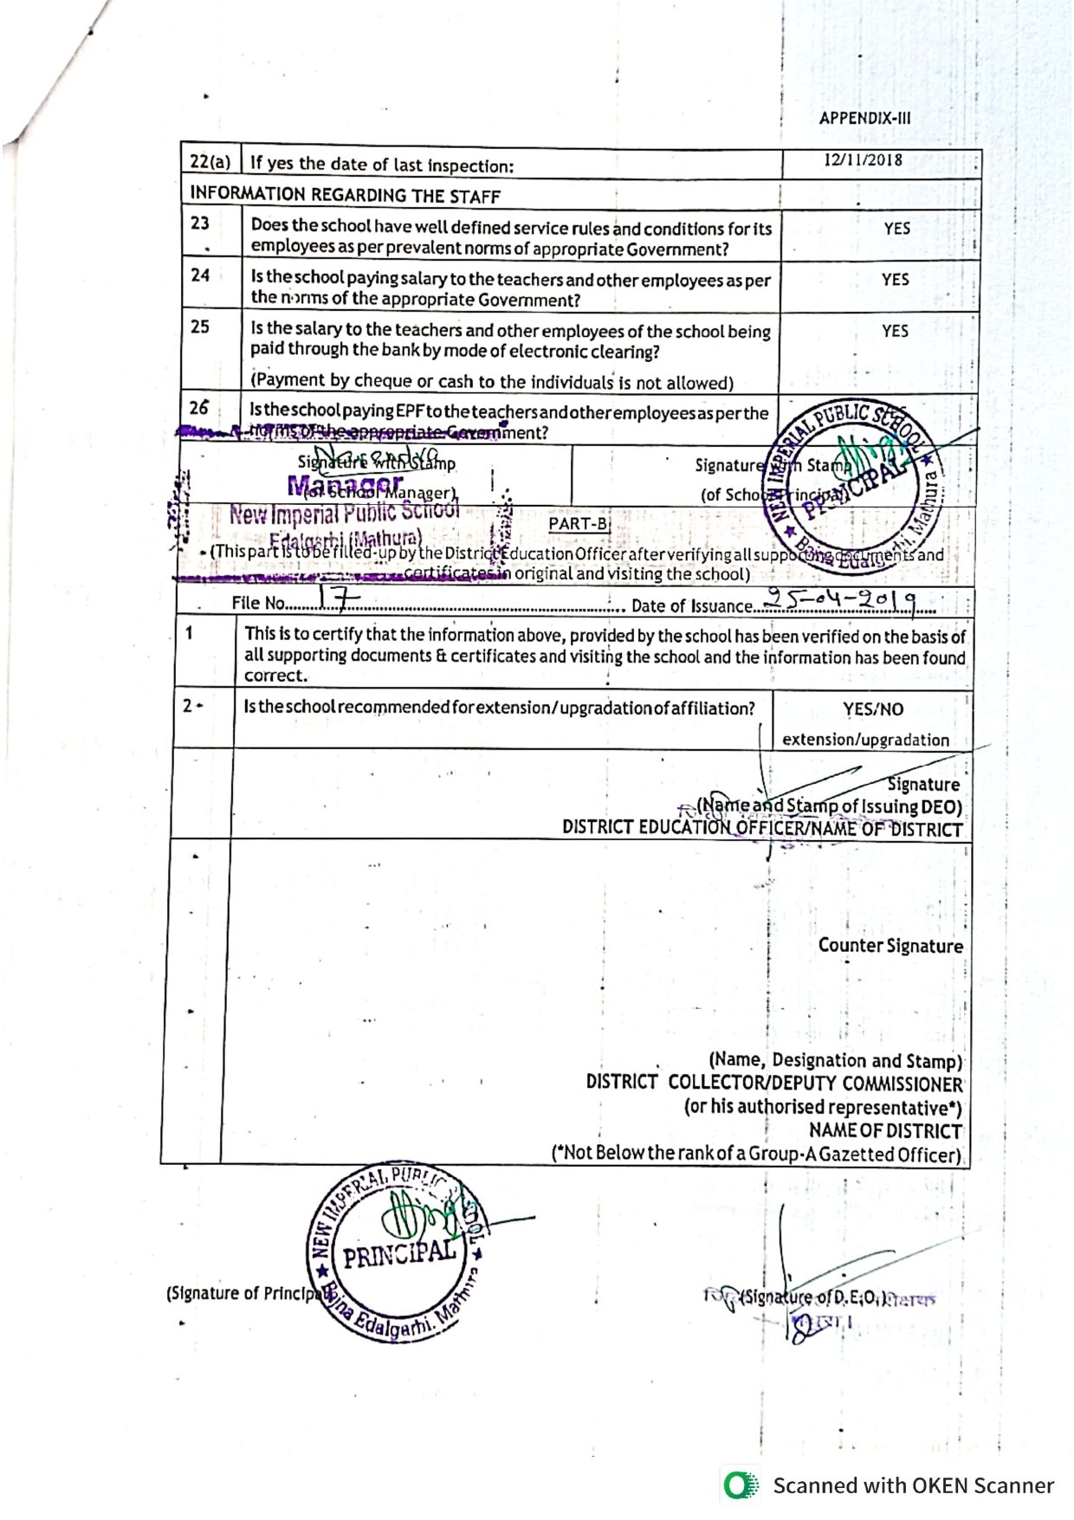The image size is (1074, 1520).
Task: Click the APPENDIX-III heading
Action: coord(864,119)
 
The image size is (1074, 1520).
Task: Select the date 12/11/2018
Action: coord(863,160)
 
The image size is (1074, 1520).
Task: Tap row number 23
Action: coord(200,223)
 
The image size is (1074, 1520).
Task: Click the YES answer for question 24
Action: coord(895,280)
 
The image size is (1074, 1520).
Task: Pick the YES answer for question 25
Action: coord(895,331)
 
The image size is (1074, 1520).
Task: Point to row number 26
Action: coord(199,408)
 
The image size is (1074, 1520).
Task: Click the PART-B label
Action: coord(579,524)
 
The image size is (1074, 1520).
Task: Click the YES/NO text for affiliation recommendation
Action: coord(873,709)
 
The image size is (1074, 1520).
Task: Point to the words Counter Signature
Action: coord(890,946)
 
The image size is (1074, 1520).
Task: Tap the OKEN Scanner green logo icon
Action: coord(739,1485)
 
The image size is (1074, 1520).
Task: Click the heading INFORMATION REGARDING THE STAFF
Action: coord(345,195)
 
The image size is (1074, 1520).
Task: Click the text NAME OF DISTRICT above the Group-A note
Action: coord(885,1131)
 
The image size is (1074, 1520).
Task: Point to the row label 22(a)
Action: coord(210,162)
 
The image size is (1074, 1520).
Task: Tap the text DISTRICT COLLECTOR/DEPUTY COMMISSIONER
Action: coord(773,1083)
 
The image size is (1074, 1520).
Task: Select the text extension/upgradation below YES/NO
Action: coord(865,740)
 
